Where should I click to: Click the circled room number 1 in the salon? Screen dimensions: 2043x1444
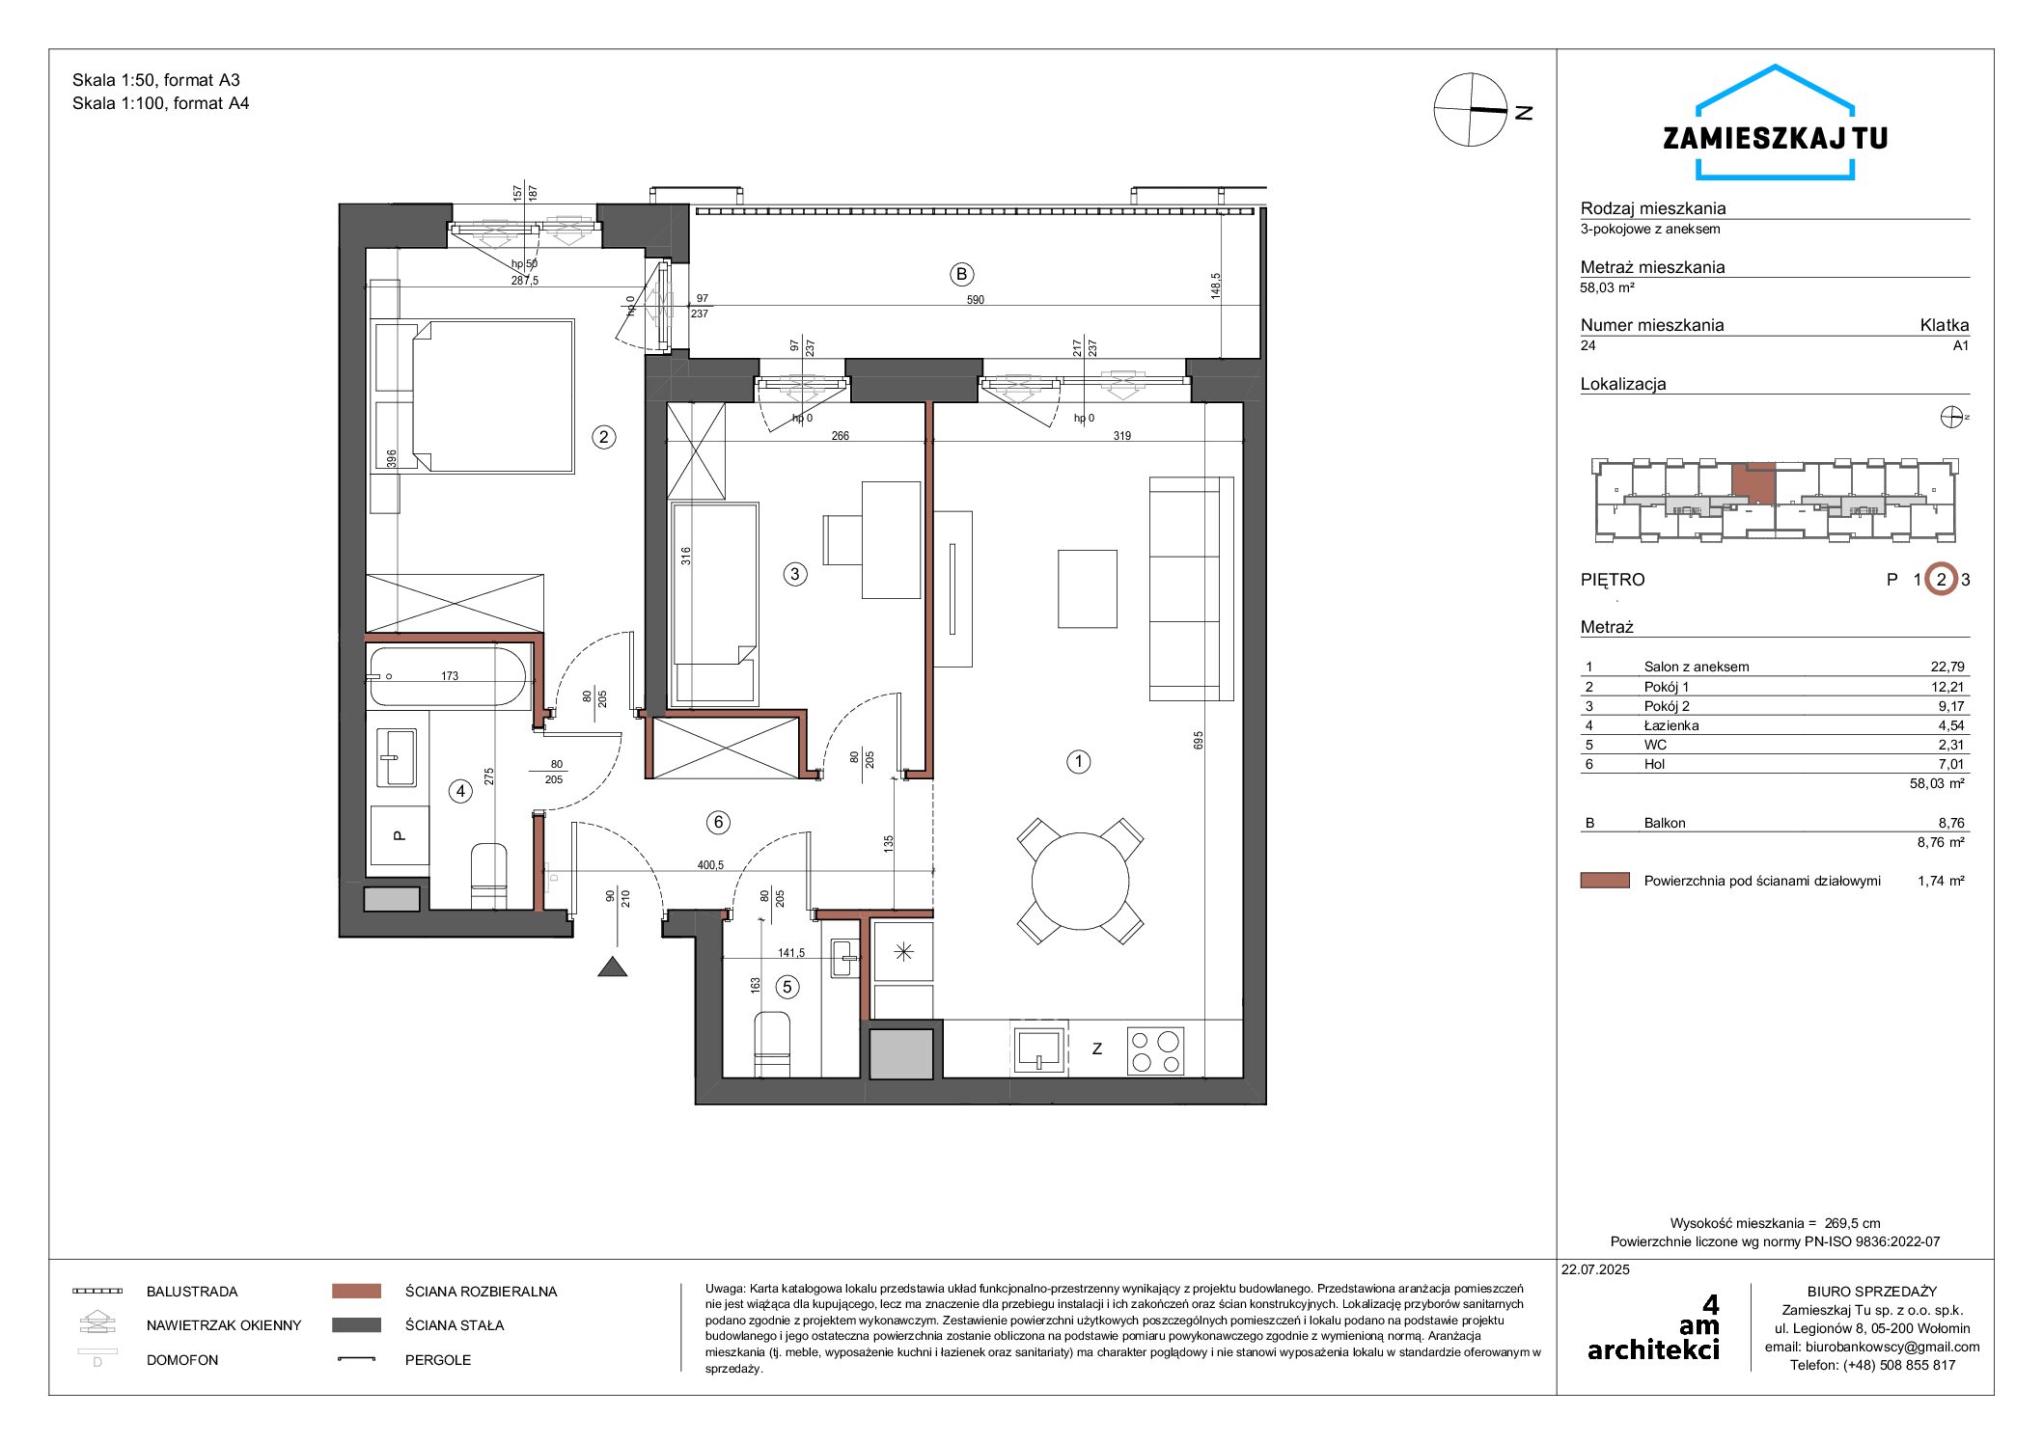click(1078, 762)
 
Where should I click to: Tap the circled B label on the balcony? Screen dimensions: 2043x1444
click(961, 275)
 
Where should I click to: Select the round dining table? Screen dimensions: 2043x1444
click(1080, 881)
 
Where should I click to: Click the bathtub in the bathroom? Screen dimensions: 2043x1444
click(449, 676)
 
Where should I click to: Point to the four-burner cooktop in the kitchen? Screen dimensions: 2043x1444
click(1155, 1050)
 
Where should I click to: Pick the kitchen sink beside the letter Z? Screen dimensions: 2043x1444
click(1038, 1048)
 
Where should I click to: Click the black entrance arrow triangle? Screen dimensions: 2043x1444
click(613, 967)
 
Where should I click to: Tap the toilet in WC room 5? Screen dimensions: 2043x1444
click(771, 1044)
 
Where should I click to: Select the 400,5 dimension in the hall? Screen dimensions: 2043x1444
click(710, 865)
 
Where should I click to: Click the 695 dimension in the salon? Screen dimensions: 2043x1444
click(1199, 740)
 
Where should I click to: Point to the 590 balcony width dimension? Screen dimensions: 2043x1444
click(976, 300)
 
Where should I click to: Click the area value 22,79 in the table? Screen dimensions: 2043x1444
click(1947, 667)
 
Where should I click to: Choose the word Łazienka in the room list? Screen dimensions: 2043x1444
click(1671, 725)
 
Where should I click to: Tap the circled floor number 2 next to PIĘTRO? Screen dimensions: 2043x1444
click(1941, 580)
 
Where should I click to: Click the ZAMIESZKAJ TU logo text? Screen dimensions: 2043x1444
click(1775, 139)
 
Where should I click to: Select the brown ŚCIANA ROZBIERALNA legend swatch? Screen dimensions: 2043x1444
click(356, 1291)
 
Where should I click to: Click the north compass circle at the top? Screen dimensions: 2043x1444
click(1471, 110)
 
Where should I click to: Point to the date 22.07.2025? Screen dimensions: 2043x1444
click(1595, 1269)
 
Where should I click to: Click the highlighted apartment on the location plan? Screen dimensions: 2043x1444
click(1753, 484)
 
